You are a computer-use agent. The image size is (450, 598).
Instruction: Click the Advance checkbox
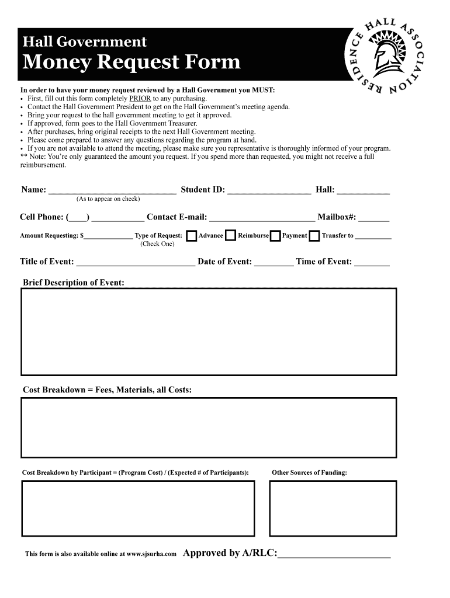(191, 236)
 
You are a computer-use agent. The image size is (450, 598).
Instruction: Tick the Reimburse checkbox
(230, 236)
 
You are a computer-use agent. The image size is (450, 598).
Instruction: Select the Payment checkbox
(275, 236)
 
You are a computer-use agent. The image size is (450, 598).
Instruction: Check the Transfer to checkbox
(314, 236)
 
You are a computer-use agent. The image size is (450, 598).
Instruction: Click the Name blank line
(112, 190)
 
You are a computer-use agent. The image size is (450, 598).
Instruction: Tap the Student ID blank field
(269, 190)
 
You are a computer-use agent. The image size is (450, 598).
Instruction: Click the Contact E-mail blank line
(262, 218)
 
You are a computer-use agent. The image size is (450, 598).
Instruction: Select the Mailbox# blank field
(373, 218)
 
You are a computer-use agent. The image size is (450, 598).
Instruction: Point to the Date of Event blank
(274, 263)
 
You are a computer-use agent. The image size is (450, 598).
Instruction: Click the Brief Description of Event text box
(209, 331)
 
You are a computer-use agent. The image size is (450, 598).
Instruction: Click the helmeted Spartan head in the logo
(386, 56)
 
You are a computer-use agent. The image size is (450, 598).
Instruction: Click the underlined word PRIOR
(140, 99)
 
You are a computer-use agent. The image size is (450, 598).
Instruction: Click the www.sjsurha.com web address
(151, 554)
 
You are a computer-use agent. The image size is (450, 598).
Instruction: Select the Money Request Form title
(131, 62)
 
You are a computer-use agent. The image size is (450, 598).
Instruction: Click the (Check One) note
(157, 244)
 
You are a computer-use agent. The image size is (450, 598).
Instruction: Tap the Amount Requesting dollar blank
(109, 237)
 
